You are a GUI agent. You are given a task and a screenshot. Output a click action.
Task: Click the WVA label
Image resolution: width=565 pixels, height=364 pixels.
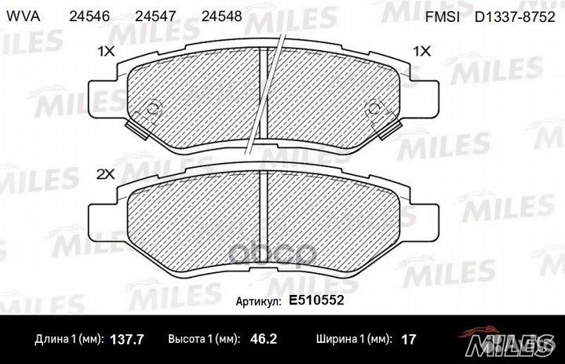click(x=24, y=16)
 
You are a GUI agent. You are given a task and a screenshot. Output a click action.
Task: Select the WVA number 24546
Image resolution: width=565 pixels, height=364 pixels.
click(x=89, y=16)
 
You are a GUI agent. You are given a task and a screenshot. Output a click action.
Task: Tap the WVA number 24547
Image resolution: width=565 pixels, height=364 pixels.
click(x=155, y=16)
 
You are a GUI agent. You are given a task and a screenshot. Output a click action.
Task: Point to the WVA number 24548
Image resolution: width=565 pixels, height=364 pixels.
click(x=221, y=16)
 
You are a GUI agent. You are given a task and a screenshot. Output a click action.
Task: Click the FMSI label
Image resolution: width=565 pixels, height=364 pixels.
click(x=442, y=17)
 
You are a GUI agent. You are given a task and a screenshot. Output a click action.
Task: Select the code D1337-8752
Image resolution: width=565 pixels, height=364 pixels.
click(x=515, y=17)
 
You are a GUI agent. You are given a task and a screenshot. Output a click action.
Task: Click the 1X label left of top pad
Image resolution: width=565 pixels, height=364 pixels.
click(x=106, y=52)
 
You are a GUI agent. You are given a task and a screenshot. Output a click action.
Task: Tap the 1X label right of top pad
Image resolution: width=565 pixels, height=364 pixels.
click(x=421, y=52)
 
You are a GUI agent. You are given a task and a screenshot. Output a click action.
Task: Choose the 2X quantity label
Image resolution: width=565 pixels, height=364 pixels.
click(x=106, y=174)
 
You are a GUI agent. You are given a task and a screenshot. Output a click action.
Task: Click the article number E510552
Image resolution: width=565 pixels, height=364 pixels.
click(x=316, y=300)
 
